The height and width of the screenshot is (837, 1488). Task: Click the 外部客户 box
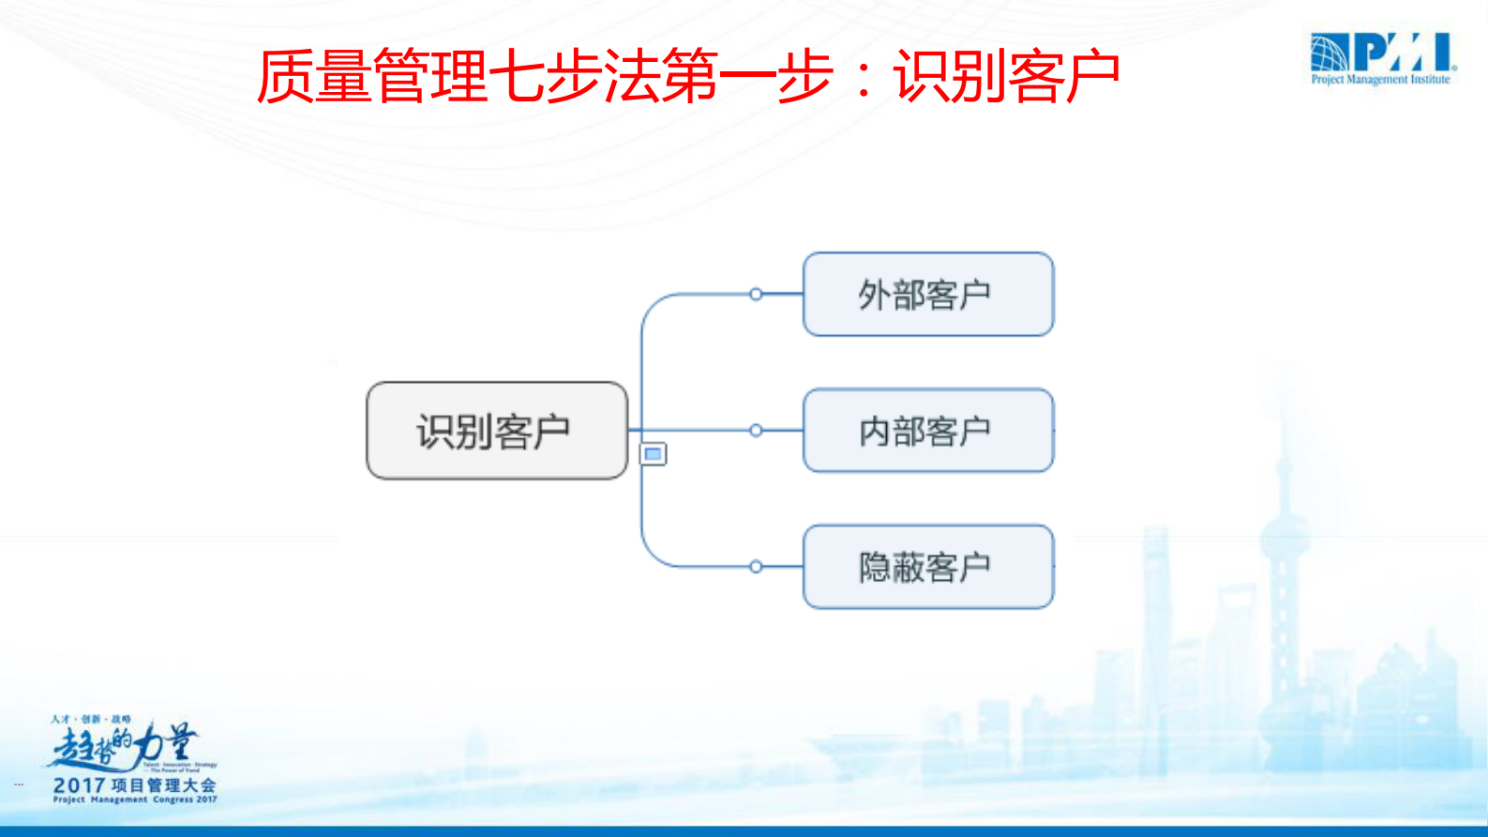click(928, 294)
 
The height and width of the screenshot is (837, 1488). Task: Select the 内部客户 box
click(928, 431)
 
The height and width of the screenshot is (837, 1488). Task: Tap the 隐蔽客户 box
click(928, 567)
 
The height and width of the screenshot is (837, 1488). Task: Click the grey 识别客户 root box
click(496, 431)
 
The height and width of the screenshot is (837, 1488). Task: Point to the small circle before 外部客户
click(756, 294)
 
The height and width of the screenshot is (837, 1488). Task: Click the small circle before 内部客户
click(756, 431)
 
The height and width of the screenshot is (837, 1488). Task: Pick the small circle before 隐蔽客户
click(756, 567)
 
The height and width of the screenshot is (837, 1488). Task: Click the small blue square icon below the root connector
click(654, 454)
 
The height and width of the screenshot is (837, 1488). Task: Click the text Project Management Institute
click(1380, 80)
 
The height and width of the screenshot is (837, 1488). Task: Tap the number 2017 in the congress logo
click(79, 784)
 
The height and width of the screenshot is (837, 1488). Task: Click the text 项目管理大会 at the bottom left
click(164, 784)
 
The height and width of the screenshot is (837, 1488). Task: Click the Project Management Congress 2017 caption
click(135, 800)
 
